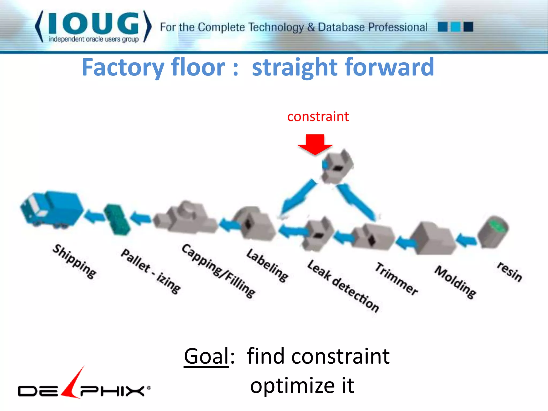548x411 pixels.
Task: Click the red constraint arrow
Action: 315,144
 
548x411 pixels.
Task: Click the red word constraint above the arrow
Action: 318,117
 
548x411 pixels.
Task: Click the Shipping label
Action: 74,261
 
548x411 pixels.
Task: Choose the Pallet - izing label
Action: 151,271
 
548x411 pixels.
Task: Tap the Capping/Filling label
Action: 218,271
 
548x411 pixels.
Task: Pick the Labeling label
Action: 267,265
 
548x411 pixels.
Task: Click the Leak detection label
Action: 343,286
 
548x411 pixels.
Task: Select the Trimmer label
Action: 396,279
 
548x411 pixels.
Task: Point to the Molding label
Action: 455,281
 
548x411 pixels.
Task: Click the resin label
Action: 509,272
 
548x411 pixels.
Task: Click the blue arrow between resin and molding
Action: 466,239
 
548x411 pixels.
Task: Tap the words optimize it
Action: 302,386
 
